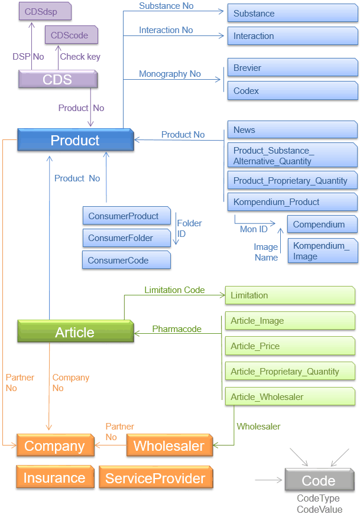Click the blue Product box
75,140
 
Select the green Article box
75,332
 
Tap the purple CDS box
57,79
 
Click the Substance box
292,13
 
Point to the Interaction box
292,36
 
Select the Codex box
292,91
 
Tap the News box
292,130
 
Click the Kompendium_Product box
292,202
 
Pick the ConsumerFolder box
126,238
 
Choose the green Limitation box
290,295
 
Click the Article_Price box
290,346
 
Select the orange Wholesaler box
169,446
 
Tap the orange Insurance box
55,478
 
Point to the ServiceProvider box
155,478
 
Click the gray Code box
319,480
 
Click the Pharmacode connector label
177,328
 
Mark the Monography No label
170,74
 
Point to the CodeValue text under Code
319,509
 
